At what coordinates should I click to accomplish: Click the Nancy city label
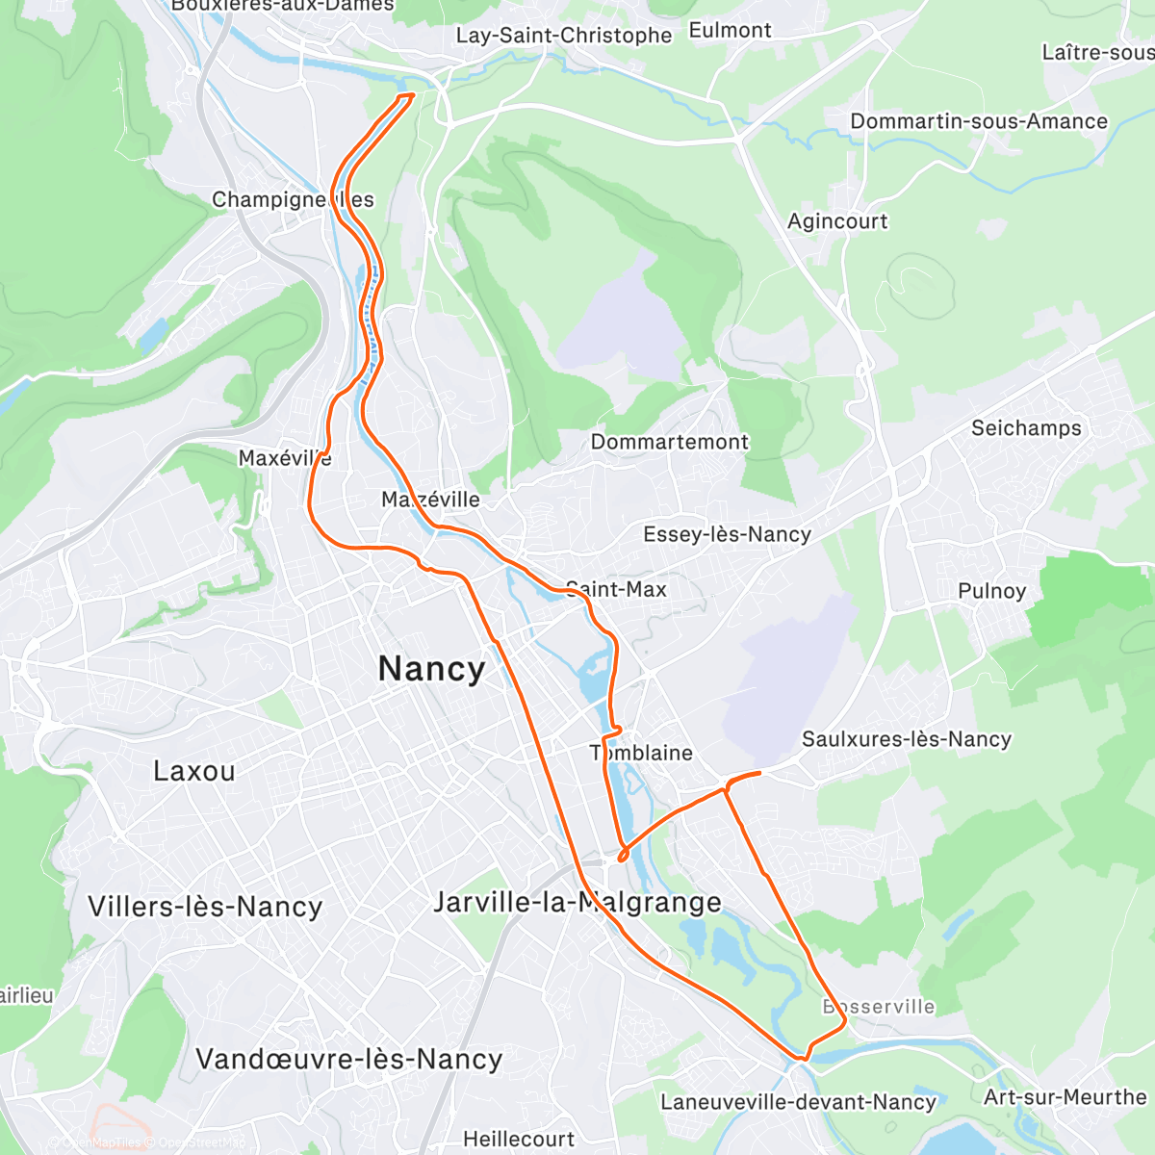click(x=431, y=669)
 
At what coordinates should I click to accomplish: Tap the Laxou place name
click(x=193, y=771)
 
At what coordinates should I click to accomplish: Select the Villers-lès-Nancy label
click(x=205, y=907)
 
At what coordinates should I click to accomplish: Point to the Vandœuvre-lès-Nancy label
click(x=348, y=1059)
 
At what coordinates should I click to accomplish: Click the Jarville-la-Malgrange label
click(x=577, y=902)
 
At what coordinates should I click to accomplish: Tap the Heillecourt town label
click(x=519, y=1139)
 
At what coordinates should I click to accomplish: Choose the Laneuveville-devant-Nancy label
click(x=798, y=1102)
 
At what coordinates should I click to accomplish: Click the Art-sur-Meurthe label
click(x=1065, y=1097)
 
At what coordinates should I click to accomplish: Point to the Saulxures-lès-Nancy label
click(x=907, y=739)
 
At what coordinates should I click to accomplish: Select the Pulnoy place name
click(x=991, y=591)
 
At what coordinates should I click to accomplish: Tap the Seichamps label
click(x=1026, y=428)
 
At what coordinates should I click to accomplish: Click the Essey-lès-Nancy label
click(x=727, y=534)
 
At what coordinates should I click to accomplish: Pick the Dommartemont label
click(x=669, y=442)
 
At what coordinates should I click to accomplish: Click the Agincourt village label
click(x=837, y=221)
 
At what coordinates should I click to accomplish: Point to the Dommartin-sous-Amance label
click(x=979, y=121)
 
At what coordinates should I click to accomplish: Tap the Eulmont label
click(x=730, y=31)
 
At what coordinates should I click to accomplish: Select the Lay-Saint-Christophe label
click(x=563, y=36)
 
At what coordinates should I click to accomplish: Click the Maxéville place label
click(x=285, y=458)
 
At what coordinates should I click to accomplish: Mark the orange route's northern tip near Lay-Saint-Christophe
click(x=408, y=95)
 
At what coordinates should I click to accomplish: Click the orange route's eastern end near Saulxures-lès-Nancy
click(x=760, y=772)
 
